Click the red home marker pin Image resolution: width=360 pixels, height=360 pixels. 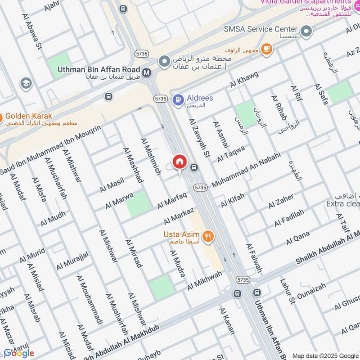180,162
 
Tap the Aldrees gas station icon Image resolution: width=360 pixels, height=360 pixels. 179,98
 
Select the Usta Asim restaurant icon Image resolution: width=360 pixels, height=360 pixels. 208,235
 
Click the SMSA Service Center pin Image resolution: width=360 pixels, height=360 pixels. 306,31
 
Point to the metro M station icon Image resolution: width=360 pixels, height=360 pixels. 146,72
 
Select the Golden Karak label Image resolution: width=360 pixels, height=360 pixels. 29,116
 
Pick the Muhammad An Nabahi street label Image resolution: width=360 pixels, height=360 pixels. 246,170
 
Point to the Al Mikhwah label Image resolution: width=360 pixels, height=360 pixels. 205,280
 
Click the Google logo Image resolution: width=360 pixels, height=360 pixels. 18,353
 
